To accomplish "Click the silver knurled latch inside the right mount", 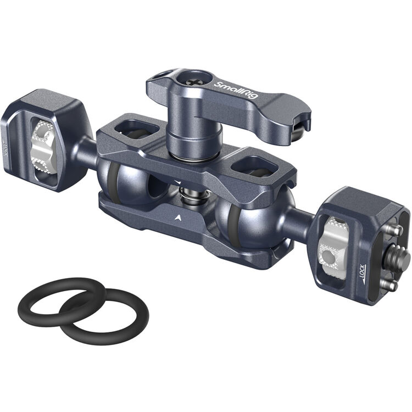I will (x=336, y=242).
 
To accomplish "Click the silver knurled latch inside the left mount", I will (x=43, y=148).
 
